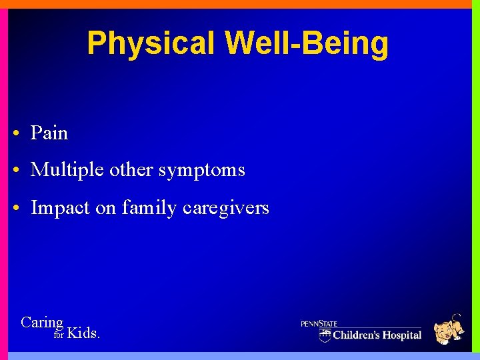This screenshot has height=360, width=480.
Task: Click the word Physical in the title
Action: coord(151,44)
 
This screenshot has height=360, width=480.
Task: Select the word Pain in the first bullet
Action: coord(49,133)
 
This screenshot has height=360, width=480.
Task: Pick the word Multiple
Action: coord(67,171)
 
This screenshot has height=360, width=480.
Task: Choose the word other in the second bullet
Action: coord(131,170)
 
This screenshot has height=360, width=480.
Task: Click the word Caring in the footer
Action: coord(42,323)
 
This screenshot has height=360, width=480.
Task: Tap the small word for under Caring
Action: coord(58,335)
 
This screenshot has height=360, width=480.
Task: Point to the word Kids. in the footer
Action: coord(84,333)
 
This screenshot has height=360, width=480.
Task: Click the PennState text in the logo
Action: coord(319,324)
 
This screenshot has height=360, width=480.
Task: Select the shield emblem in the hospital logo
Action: coord(325,335)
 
